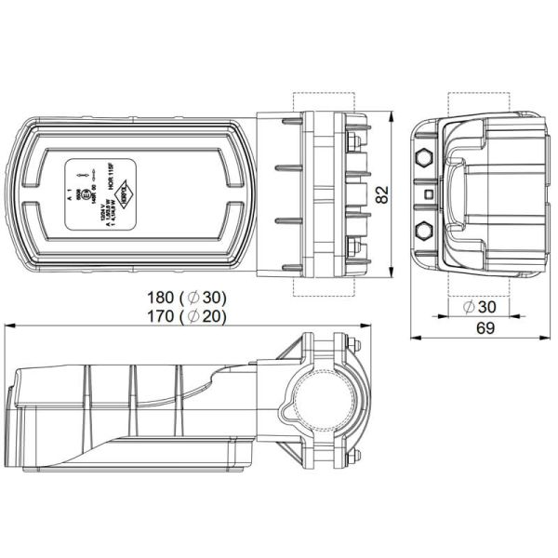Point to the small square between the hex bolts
(428, 193)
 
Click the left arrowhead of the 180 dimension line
(9, 325)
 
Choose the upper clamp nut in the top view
(354, 141)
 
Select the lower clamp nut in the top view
(354, 246)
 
